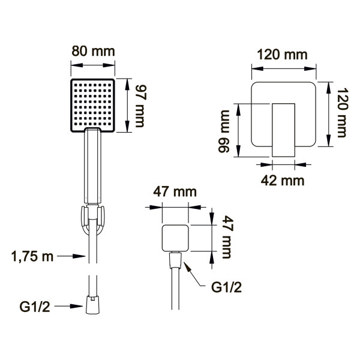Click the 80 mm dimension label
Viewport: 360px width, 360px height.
pos(93,52)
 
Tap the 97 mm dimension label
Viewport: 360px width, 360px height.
pos(140,106)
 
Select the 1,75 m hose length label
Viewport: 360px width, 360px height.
pos(32,256)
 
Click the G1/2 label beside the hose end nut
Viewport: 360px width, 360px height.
pos(35,307)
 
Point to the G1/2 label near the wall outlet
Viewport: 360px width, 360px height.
pos(226,287)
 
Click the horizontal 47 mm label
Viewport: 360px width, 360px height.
pos(175,192)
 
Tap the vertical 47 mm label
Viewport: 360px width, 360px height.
pos(227,237)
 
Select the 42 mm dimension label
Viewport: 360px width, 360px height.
pos(283,181)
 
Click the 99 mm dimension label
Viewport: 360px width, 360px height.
pos(224,131)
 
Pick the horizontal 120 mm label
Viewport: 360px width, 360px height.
pos(282,55)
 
